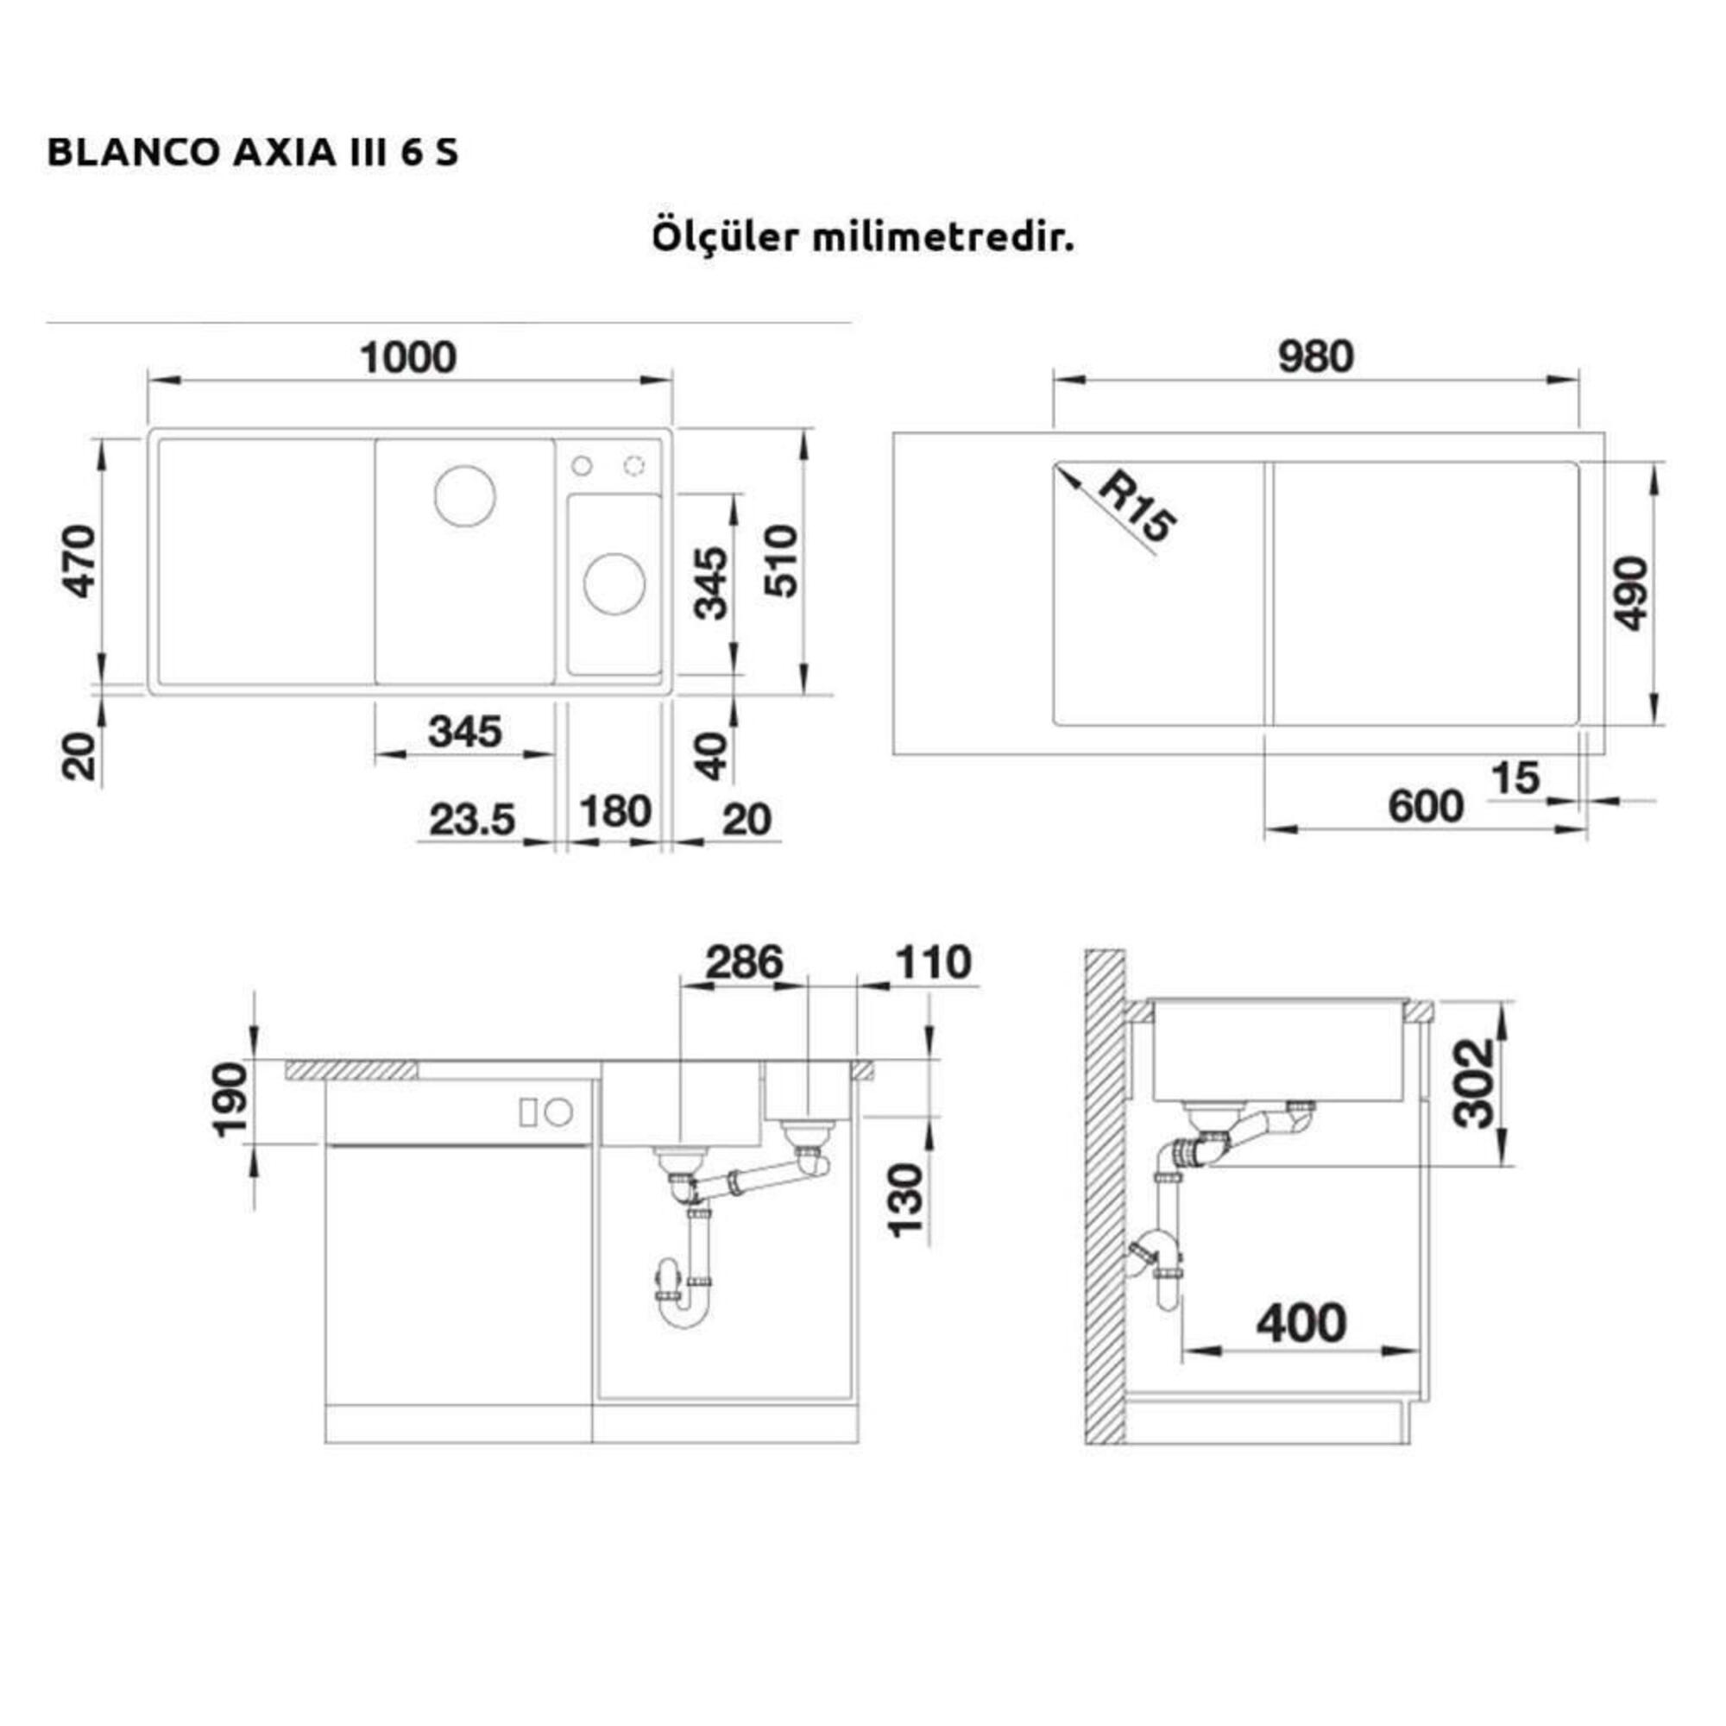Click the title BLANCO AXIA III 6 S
(x=253, y=153)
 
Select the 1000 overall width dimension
(x=408, y=357)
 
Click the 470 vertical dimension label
(x=81, y=561)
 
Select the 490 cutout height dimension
(x=1630, y=592)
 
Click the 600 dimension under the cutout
(x=1426, y=807)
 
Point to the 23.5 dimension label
(x=473, y=819)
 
